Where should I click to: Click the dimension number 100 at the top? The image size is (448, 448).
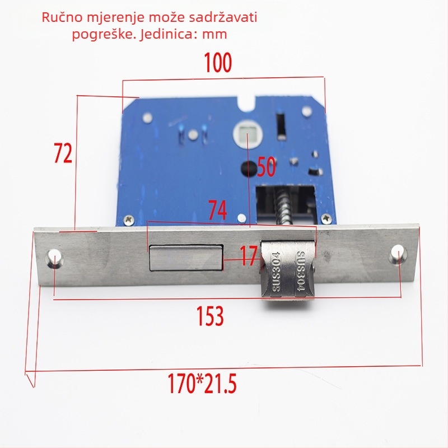(218, 63)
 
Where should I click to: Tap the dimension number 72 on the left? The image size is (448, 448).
(63, 153)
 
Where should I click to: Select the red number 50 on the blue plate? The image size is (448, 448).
(267, 166)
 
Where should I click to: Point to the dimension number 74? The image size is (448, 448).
(217, 210)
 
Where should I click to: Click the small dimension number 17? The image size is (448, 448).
(248, 256)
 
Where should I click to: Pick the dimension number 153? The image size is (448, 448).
(210, 316)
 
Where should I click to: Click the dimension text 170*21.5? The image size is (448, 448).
(202, 384)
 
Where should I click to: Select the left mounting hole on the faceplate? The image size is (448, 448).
(54, 258)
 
